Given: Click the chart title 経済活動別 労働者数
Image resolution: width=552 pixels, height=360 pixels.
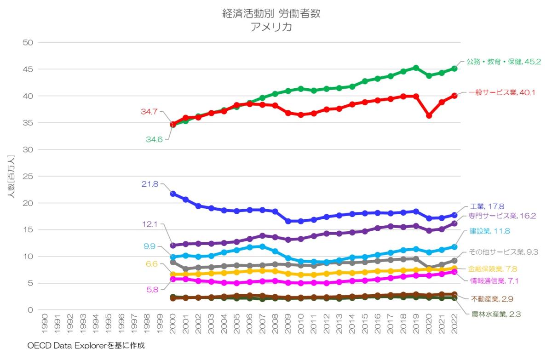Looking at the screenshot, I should (x=271, y=14).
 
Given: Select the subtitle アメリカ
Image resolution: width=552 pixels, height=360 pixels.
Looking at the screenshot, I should (x=271, y=27).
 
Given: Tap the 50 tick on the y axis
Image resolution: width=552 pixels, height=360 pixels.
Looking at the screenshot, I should (x=28, y=43).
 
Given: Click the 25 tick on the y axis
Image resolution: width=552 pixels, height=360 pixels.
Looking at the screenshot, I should (x=28, y=176).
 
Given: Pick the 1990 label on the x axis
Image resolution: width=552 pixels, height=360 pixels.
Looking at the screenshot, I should (x=44, y=324).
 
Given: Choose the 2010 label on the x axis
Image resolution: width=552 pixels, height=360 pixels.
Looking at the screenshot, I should (x=301, y=324).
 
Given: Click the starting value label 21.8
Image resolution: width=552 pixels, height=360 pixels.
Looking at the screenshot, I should (x=150, y=184).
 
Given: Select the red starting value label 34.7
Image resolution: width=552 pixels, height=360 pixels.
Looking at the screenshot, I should (x=150, y=112).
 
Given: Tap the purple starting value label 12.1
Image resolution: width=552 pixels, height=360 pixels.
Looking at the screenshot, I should (x=150, y=224).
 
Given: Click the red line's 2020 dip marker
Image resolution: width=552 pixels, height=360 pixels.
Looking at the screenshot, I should (x=429, y=116).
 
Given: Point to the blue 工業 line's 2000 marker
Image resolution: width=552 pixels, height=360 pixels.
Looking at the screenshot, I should (x=173, y=194).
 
